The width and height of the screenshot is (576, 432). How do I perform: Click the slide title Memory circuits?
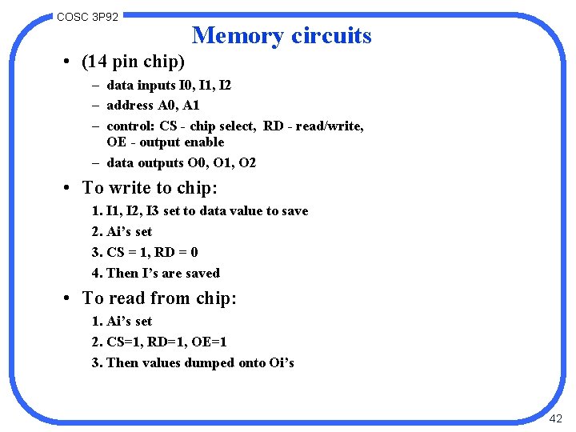pos(282,36)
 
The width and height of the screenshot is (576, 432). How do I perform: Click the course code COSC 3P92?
pos(88,16)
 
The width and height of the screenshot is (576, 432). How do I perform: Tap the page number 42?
pos(556,418)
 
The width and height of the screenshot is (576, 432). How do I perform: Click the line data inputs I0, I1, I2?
pos(169,85)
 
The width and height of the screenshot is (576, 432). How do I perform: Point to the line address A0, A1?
pos(153,106)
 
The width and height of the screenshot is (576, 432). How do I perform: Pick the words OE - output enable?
pos(165,142)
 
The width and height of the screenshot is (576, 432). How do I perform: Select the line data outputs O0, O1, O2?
pos(181,163)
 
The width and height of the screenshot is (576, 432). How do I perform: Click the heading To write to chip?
pos(150,188)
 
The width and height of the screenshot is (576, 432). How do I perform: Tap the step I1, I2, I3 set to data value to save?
pos(206,211)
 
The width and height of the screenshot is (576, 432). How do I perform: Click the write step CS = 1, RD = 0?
pos(152,253)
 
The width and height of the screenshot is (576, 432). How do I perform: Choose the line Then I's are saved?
pos(162,274)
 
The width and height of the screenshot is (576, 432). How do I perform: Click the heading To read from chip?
pos(159,298)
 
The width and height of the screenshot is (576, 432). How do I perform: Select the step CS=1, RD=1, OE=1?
pos(166,342)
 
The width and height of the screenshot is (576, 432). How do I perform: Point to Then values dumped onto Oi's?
pos(200,363)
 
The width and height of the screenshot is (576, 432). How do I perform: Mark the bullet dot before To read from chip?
pos(70,299)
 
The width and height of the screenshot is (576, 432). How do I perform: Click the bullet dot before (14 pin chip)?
pos(70,62)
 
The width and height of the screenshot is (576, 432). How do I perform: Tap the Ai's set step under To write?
pos(129,232)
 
